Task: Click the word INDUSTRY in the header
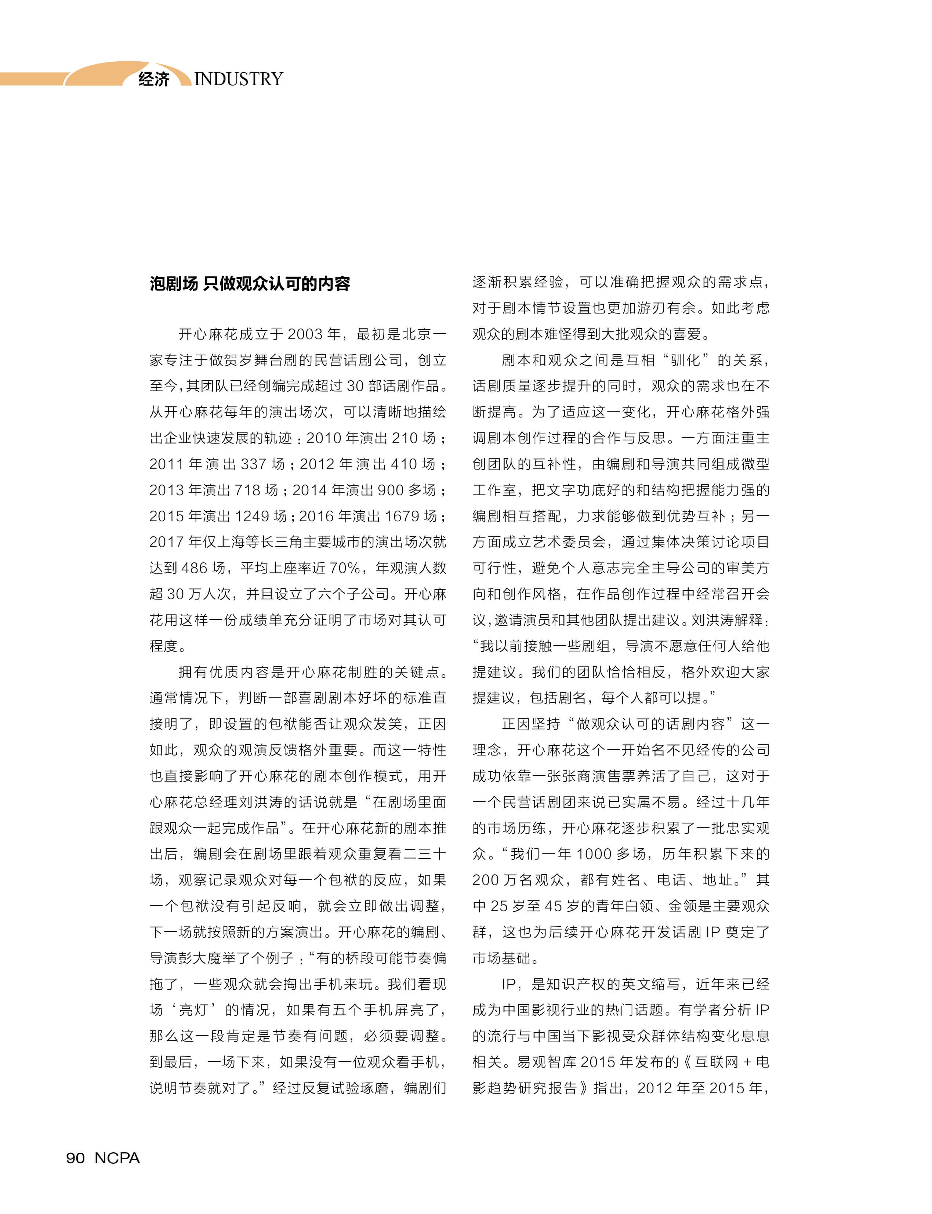click(x=239, y=79)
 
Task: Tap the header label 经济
click(x=154, y=79)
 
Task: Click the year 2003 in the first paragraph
click(x=305, y=334)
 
